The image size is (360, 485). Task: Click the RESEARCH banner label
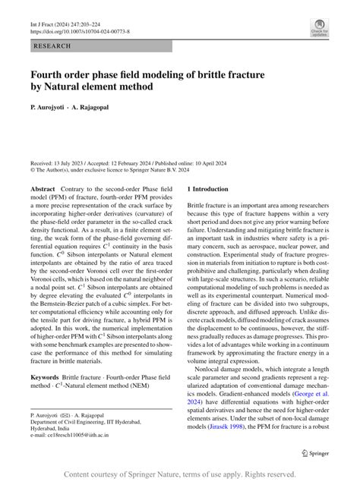52,46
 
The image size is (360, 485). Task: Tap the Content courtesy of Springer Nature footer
180,474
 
